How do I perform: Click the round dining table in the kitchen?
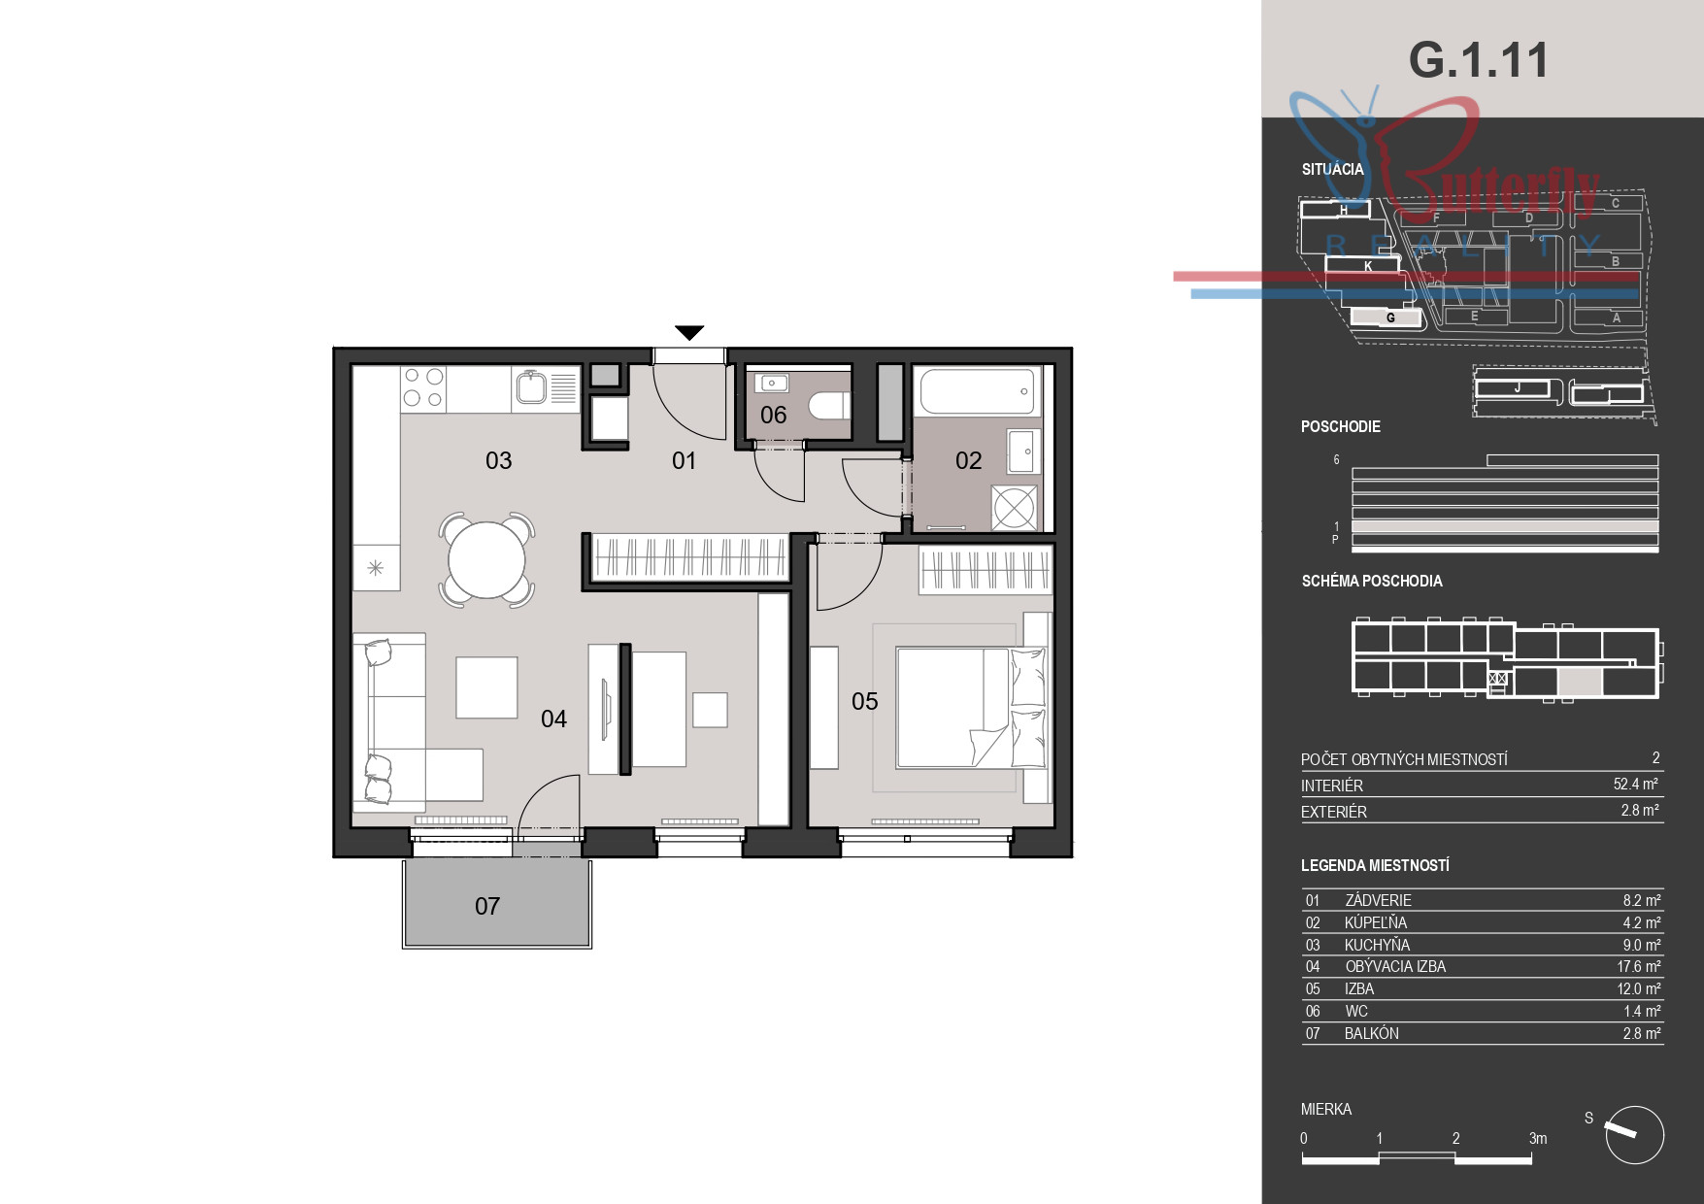[x=486, y=559]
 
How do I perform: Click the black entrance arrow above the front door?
[x=689, y=332]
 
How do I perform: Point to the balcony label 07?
[x=487, y=906]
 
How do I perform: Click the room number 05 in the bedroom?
[x=864, y=701]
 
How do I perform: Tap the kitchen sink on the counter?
[x=532, y=388]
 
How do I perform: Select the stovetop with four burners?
[x=423, y=387]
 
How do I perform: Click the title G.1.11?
[x=1478, y=60]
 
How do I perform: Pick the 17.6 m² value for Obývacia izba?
[x=1639, y=966]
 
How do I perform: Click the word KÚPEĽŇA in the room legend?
[x=1376, y=922]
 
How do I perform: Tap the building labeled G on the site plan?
[x=1387, y=318]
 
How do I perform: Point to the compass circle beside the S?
[x=1635, y=1134]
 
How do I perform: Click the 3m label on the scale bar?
[x=1538, y=1138]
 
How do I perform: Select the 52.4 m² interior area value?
[x=1636, y=784]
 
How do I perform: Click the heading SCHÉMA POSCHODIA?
[x=1372, y=581]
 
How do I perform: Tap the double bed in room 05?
[x=972, y=708]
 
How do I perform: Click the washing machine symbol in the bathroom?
[x=1015, y=507]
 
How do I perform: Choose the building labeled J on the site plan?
[x=1518, y=388]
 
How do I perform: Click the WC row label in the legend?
[x=1356, y=1011]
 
